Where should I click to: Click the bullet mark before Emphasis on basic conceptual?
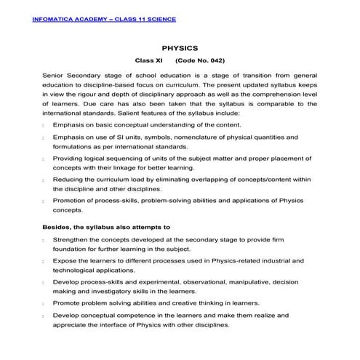tap(45, 126)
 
